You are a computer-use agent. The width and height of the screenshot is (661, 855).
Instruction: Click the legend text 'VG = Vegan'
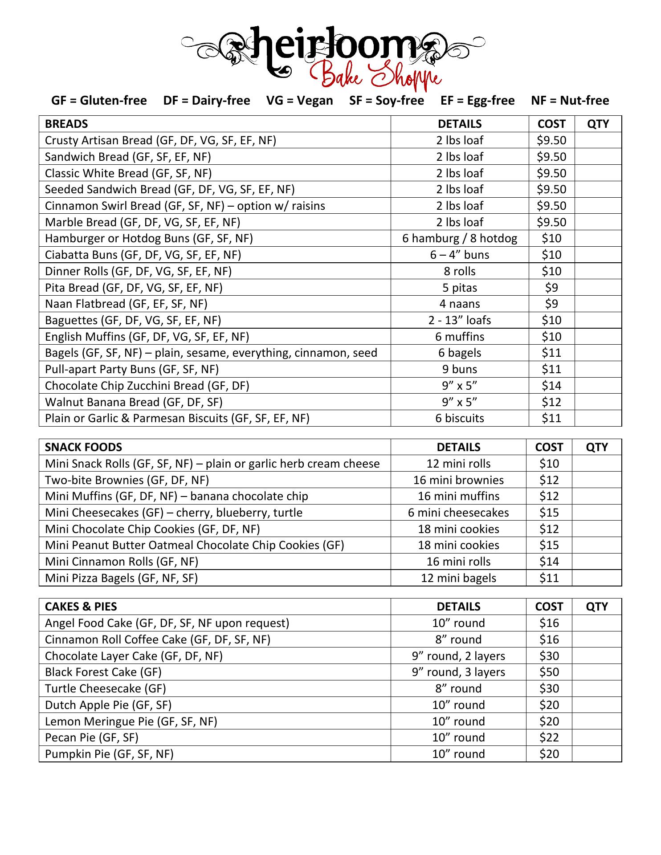(299, 101)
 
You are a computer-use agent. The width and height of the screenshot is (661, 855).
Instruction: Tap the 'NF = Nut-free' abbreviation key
(570, 101)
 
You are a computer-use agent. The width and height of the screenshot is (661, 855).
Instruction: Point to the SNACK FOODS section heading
(83, 447)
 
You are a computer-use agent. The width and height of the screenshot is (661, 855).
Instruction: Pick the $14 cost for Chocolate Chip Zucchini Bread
(551, 386)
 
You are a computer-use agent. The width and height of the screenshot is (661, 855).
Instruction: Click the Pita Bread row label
(134, 288)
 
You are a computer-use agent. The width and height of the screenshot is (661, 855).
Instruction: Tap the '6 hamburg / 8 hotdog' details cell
(460, 238)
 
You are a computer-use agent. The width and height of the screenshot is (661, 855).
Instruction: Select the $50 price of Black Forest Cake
(549, 672)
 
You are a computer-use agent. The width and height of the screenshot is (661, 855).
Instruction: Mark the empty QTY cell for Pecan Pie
(596, 737)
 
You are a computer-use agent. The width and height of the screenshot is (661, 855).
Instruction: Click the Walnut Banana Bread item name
(134, 402)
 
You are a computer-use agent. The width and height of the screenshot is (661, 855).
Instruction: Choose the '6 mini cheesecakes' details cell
(458, 513)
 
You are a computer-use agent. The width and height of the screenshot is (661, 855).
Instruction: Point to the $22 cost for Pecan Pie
(549, 737)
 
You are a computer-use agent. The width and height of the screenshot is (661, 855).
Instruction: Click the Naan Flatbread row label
(126, 304)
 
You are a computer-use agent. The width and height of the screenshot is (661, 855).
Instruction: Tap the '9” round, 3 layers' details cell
(458, 672)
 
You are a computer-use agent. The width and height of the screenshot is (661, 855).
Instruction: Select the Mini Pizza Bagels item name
(121, 578)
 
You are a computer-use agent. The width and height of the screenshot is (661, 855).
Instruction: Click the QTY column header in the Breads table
(598, 124)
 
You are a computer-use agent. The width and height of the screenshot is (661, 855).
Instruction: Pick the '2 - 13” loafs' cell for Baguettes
(460, 320)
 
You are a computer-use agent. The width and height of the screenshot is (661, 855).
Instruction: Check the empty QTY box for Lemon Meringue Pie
(596, 721)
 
